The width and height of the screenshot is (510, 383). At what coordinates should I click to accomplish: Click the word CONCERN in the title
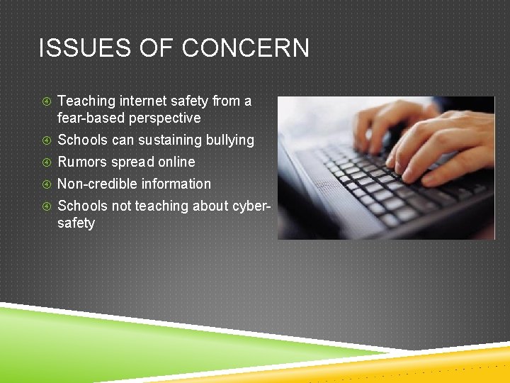click(246, 49)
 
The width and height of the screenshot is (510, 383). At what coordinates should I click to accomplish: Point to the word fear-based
click(90, 118)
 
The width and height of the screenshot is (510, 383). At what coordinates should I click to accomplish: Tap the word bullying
click(229, 140)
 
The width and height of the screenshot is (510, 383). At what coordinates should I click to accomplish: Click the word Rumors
click(81, 162)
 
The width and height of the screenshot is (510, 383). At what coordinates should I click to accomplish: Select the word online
click(174, 162)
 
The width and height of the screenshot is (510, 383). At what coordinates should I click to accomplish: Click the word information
click(176, 184)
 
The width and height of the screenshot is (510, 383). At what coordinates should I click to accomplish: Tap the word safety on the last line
click(76, 223)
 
